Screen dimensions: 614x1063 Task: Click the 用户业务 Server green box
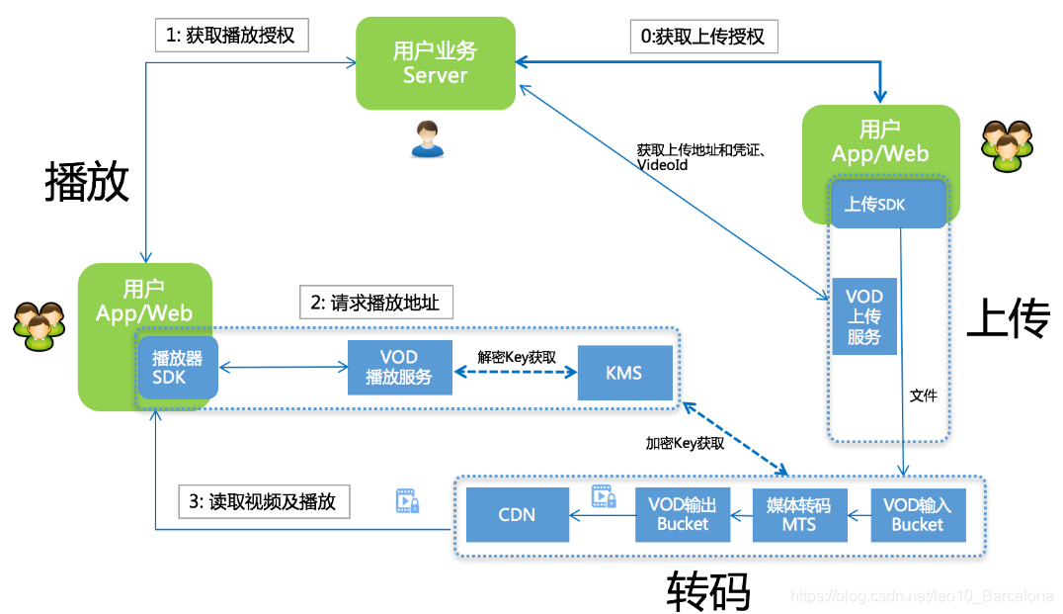(x=436, y=63)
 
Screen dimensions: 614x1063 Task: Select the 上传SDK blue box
(x=874, y=205)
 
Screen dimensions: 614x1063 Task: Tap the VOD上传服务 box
(x=863, y=316)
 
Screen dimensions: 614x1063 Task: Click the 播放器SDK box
(x=177, y=367)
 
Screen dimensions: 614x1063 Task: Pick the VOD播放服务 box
(x=399, y=367)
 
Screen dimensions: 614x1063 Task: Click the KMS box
(x=623, y=373)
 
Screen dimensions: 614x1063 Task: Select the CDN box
(x=517, y=514)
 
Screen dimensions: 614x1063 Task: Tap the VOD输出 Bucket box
(x=682, y=514)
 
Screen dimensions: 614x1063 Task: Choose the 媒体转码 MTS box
(x=799, y=514)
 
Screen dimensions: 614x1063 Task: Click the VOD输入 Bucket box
(x=917, y=514)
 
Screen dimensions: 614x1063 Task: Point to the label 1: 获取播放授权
(x=232, y=36)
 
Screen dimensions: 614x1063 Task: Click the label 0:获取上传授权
(x=703, y=37)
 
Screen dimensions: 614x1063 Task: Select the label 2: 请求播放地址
(x=375, y=304)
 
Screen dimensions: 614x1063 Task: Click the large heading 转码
(x=708, y=590)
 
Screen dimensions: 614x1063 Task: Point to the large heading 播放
(x=87, y=182)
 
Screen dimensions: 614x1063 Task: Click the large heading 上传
(x=1008, y=319)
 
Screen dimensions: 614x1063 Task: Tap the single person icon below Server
(x=427, y=138)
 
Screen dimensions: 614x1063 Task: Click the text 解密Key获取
(x=516, y=357)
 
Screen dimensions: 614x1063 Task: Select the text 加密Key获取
(x=685, y=444)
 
